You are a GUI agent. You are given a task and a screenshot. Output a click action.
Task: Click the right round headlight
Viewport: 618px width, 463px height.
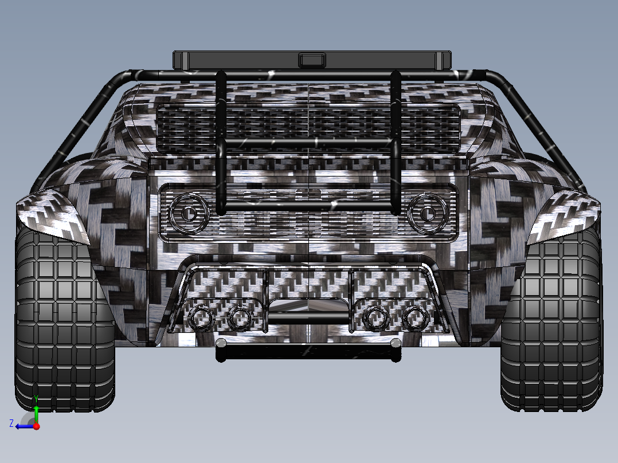[x=427, y=213]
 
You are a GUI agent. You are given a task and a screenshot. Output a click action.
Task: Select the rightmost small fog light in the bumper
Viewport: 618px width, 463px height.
[x=413, y=318]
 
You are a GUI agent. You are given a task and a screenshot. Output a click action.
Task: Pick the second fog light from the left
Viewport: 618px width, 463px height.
[x=239, y=317]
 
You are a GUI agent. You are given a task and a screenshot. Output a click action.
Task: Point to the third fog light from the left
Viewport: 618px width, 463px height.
[x=376, y=317]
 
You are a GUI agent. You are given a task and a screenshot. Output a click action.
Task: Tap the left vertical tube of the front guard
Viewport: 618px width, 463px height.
[x=221, y=143]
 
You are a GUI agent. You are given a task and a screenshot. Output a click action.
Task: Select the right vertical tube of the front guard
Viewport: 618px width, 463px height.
[x=395, y=143]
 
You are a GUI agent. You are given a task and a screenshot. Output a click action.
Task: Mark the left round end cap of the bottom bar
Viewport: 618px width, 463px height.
[x=221, y=343]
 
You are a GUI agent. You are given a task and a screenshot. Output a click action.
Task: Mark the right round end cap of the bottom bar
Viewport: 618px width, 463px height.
[x=395, y=343]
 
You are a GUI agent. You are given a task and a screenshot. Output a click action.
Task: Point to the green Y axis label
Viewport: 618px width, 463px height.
[x=36, y=398]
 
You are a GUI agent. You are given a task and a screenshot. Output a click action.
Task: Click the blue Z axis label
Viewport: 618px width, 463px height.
[x=11, y=423]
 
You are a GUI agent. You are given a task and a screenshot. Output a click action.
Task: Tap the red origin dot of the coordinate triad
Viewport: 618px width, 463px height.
[x=36, y=426]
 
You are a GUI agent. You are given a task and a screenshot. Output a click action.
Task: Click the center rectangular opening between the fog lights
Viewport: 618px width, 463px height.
[x=308, y=306]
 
